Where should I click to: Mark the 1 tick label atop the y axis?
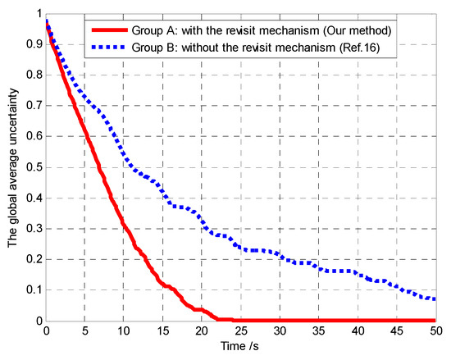36,13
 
